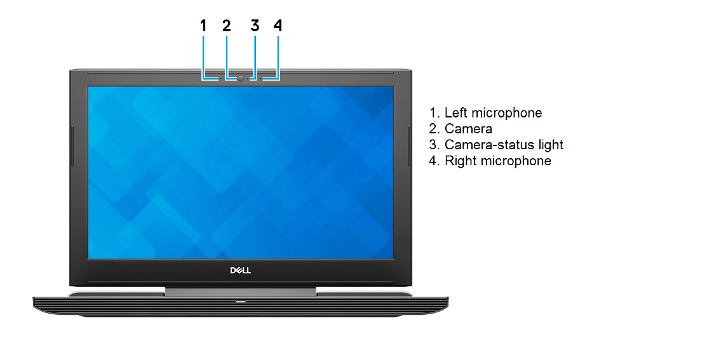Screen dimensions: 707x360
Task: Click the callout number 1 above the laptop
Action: [x=203, y=25]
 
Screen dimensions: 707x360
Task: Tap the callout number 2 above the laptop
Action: [x=226, y=25]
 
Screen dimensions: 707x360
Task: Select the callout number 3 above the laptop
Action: [x=255, y=25]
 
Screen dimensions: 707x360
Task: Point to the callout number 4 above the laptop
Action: [x=278, y=25]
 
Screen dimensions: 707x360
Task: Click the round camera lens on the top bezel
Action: [x=241, y=79]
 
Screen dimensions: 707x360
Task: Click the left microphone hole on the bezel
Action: [x=220, y=79]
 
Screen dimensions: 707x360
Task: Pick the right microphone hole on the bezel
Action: [x=260, y=79]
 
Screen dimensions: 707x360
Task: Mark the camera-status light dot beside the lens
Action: [x=248, y=79]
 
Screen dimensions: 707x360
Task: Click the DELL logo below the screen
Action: [x=240, y=270]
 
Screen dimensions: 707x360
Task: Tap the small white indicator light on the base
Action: [x=240, y=301]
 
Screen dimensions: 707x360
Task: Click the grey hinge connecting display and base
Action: [x=240, y=291]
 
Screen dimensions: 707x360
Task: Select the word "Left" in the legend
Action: [x=456, y=112]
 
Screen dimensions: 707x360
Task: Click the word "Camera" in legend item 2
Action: [x=469, y=129]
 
